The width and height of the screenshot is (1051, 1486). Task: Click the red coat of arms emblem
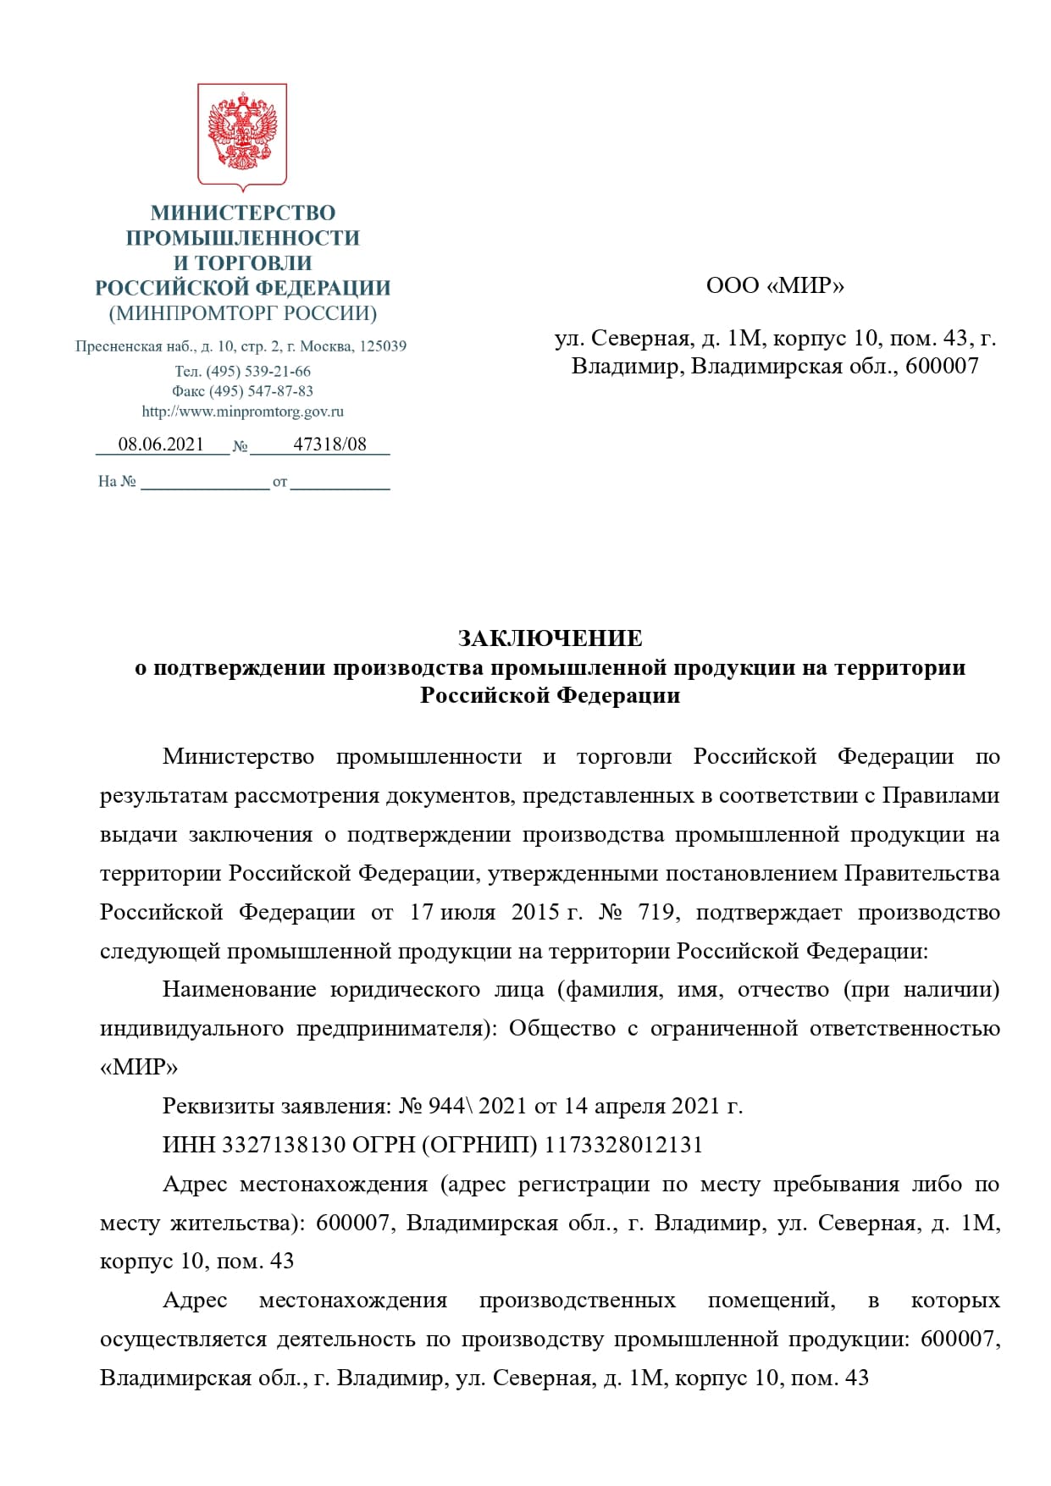click(242, 135)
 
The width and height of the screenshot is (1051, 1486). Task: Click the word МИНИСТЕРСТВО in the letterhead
click(243, 213)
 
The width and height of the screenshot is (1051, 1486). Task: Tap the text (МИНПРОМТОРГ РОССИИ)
click(243, 313)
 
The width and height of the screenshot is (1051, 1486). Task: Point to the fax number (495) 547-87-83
click(261, 391)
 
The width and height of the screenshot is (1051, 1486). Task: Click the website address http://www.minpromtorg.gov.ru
click(243, 412)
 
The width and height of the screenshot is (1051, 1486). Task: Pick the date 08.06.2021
click(161, 445)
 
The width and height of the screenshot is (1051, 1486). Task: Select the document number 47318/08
click(329, 445)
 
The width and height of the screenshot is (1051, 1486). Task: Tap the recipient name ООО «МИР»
click(775, 285)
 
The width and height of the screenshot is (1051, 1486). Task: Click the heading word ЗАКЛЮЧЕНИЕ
click(550, 638)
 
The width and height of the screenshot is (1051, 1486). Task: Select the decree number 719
click(655, 912)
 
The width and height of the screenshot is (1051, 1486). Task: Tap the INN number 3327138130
click(284, 1145)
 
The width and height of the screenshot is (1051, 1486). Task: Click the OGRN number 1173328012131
click(623, 1145)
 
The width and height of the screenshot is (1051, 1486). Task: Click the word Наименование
click(239, 990)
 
